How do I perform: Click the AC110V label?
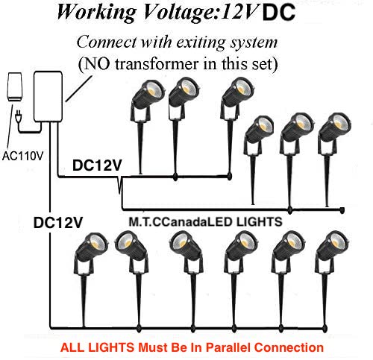[23, 156]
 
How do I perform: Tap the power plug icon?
[18, 116]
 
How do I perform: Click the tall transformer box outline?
[48, 96]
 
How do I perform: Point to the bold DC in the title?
[278, 12]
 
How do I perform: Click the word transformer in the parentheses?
[157, 64]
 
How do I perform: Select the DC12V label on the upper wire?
[97, 165]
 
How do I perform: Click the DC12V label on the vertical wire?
[57, 222]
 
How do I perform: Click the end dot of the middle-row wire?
[342, 210]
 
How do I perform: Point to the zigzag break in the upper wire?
[120, 185]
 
